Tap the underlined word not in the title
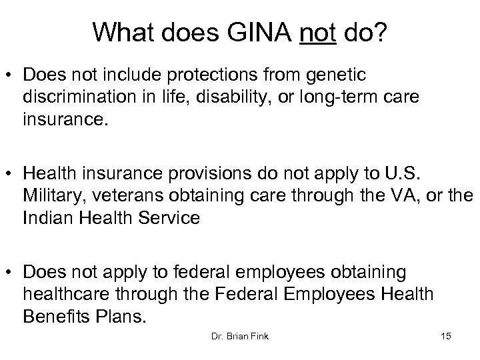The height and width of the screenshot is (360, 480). pos(318,31)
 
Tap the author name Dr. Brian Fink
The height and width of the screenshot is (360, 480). pos(239,337)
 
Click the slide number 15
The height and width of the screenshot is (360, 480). pos(445,337)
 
